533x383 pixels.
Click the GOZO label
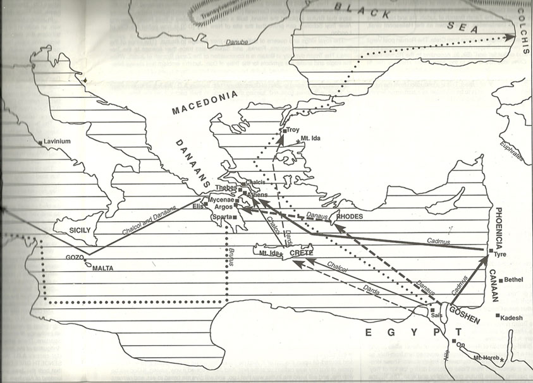75,258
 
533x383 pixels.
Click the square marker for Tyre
491,252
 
